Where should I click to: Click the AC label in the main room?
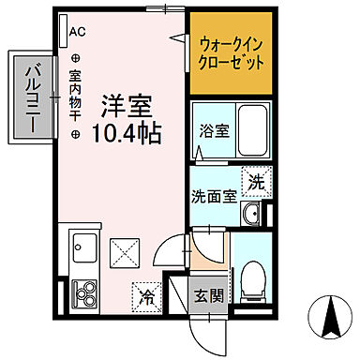pos(77,31)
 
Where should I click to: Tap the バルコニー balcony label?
pos(31,97)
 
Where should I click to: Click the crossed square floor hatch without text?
pos(123,251)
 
